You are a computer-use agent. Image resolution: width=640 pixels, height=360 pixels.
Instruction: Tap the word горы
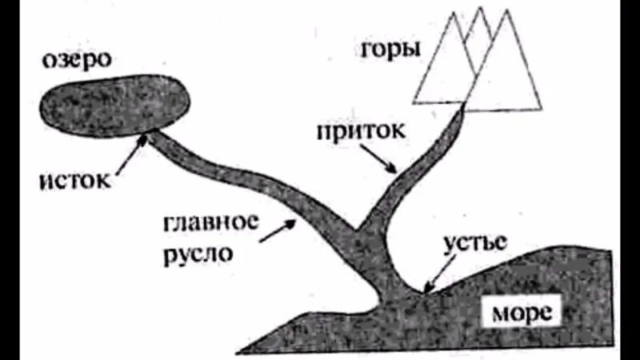[390, 50]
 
